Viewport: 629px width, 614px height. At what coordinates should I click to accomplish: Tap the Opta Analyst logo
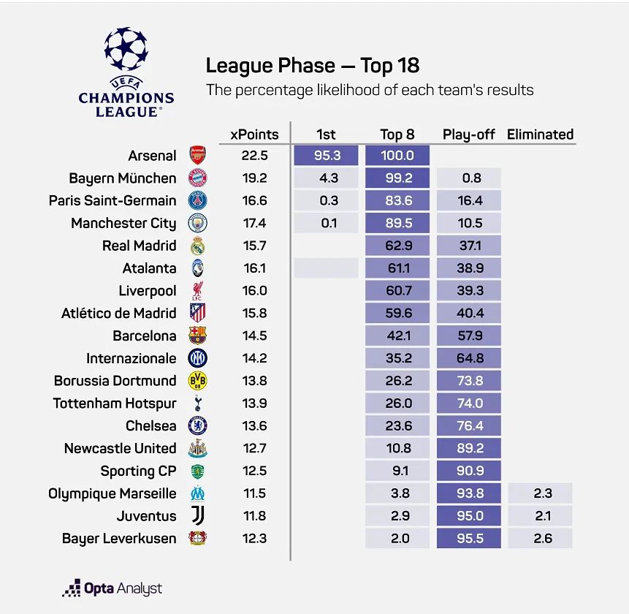(112, 588)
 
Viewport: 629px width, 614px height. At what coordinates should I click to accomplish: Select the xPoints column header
(254, 134)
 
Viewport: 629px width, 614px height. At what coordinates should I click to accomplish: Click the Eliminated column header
(540, 134)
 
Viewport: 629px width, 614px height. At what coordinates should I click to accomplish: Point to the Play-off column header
(468, 134)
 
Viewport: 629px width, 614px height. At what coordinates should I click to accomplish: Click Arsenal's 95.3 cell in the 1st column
(326, 155)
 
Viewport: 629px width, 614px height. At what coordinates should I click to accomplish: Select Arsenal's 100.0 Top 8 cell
(397, 155)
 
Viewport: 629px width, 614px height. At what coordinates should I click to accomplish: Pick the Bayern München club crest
(198, 178)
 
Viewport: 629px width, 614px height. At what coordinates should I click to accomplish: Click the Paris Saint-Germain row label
(113, 200)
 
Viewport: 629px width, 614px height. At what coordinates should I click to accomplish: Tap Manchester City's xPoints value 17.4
(254, 223)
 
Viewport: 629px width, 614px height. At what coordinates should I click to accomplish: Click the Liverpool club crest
(198, 291)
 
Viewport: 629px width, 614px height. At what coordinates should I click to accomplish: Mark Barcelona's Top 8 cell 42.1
(397, 336)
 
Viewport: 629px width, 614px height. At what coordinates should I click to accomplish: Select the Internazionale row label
(131, 358)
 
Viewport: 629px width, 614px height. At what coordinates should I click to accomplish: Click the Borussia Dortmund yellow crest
(198, 381)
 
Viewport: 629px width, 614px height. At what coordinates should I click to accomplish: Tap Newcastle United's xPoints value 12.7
(254, 448)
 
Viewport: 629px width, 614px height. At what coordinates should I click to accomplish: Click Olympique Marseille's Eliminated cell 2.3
(540, 493)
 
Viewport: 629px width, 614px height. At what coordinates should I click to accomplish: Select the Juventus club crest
(198, 516)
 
